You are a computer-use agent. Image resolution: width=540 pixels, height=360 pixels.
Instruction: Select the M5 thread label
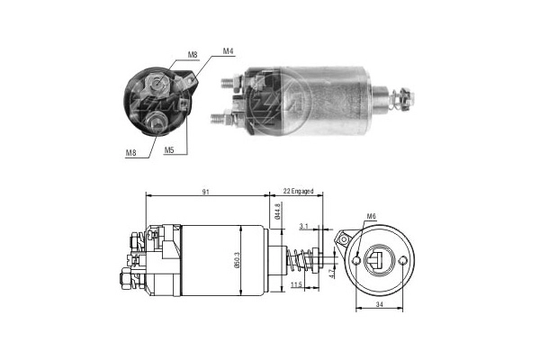(168, 149)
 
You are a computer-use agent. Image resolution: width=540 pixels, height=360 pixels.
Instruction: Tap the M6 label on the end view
(372, 216)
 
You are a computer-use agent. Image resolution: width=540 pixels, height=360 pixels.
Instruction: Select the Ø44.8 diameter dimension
(278, 212)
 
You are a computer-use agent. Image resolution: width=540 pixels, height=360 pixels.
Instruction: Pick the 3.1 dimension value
(303, 226)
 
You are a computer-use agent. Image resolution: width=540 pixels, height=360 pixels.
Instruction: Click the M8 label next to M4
(193, 55)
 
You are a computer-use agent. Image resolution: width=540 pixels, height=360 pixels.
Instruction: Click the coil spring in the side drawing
(296, 259)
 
